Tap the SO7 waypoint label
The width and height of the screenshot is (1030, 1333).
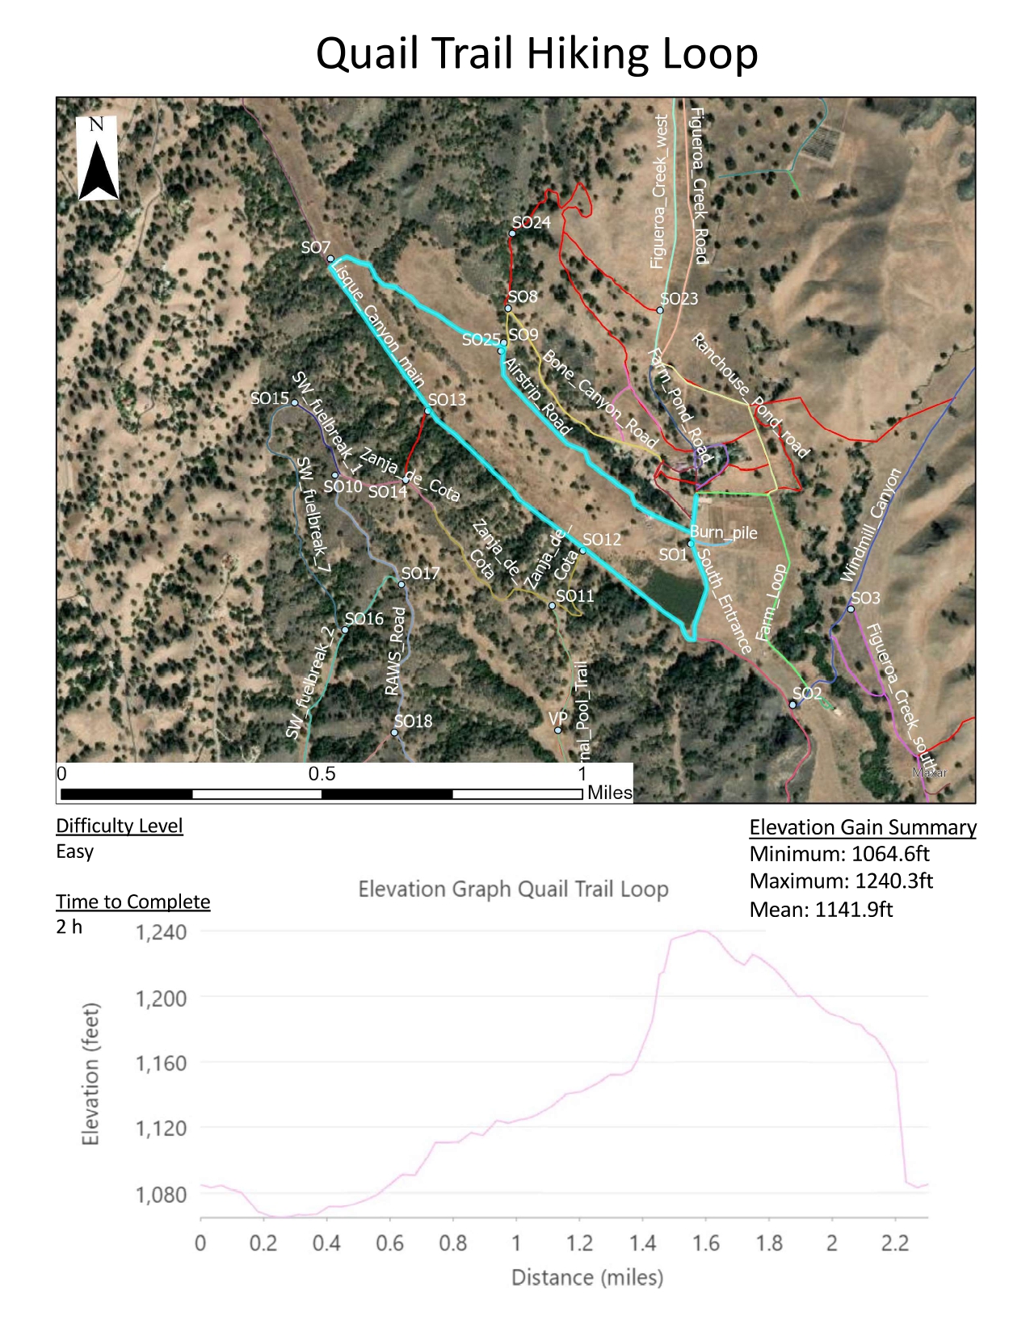click(315, 247)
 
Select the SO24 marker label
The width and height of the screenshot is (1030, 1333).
click(531, 222)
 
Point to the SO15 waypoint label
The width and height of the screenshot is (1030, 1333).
click(269, 398)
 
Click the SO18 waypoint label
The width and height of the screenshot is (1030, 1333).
click(413, 721)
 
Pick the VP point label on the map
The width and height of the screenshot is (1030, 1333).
click(557, 718)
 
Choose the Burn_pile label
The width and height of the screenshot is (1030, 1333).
click(723, 532)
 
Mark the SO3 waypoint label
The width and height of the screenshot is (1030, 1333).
click(865, 598)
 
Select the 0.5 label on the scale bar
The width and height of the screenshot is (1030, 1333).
click(322, 773)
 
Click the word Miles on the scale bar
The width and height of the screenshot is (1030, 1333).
click(609, 793)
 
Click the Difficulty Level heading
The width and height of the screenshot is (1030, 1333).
click(120, 826)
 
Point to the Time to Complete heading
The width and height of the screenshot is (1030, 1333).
click(133, 902)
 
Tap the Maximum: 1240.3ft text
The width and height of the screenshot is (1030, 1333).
click(841, 881)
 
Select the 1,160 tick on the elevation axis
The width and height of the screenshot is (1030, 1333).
click(161, 1063)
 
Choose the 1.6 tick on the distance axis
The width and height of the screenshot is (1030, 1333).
click(705, 1243)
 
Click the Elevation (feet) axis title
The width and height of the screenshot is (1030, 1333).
click(91, 1074)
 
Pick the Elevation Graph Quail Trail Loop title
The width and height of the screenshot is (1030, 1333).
click(513, 889)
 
